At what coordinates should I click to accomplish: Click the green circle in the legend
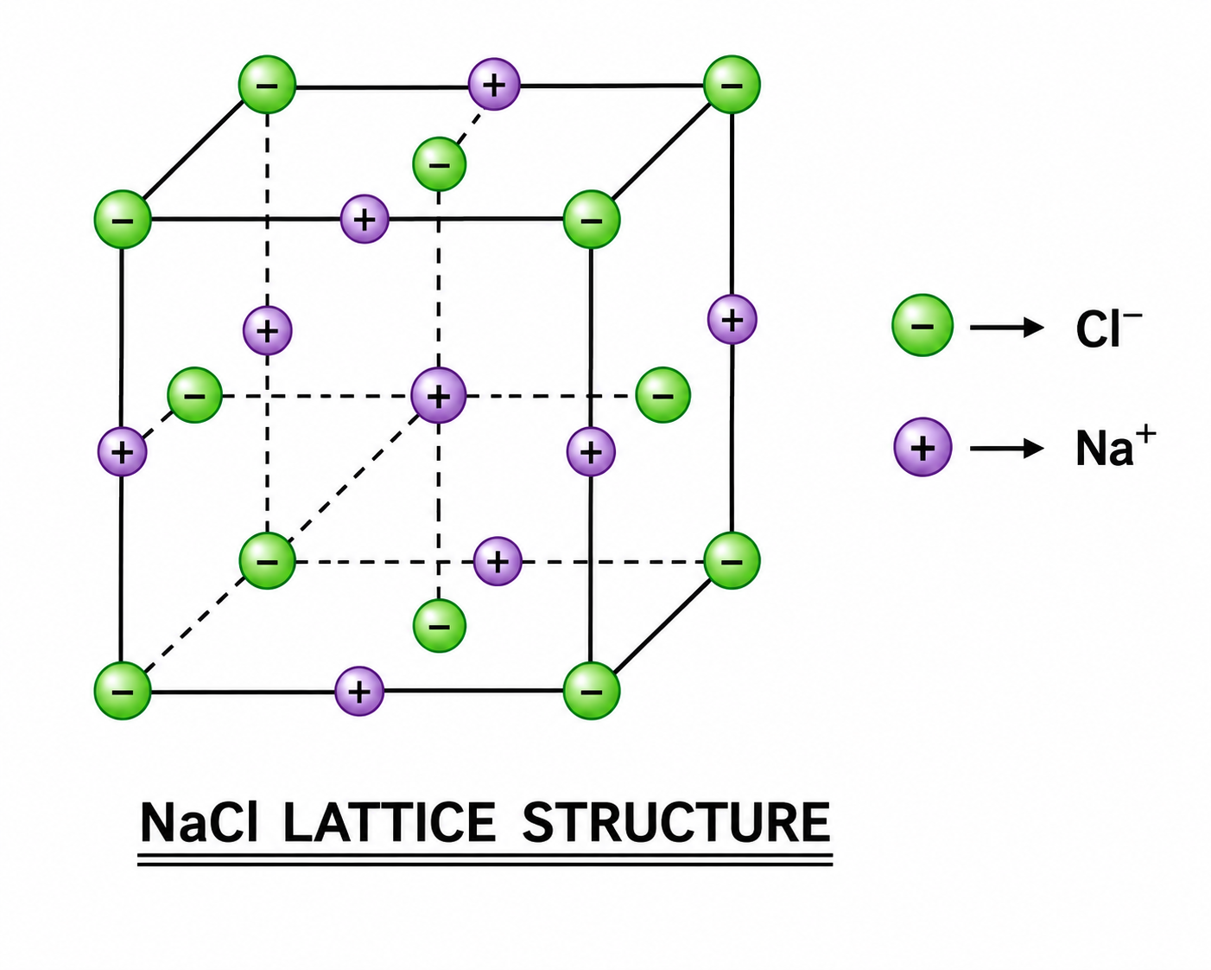click(x=923, y=326)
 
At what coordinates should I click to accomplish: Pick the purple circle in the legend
click(x=923, y=448)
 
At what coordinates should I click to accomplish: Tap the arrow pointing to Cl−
click(x=1007, y=327)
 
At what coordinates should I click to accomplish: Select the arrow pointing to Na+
click(x=1007, y=449)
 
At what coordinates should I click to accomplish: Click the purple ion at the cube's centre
click(x=439, y=396)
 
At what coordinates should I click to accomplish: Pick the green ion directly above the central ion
click(x=439, y=164)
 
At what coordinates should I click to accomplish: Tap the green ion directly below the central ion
click(x=439, y=626)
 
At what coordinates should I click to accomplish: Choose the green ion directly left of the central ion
click(x=194, y=395)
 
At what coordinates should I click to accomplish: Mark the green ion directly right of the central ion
click(x=663, y=395)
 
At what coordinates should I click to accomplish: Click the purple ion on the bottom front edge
click(x=359, y=691)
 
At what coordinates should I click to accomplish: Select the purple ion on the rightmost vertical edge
click(x=732, y=319)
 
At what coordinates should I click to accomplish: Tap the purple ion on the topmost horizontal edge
click(x=494, y=85)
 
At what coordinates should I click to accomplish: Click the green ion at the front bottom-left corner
click(x=123, y=691)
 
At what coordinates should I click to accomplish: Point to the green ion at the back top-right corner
click(x=732, y=85)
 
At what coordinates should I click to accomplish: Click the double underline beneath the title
click(x=485, y=859)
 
